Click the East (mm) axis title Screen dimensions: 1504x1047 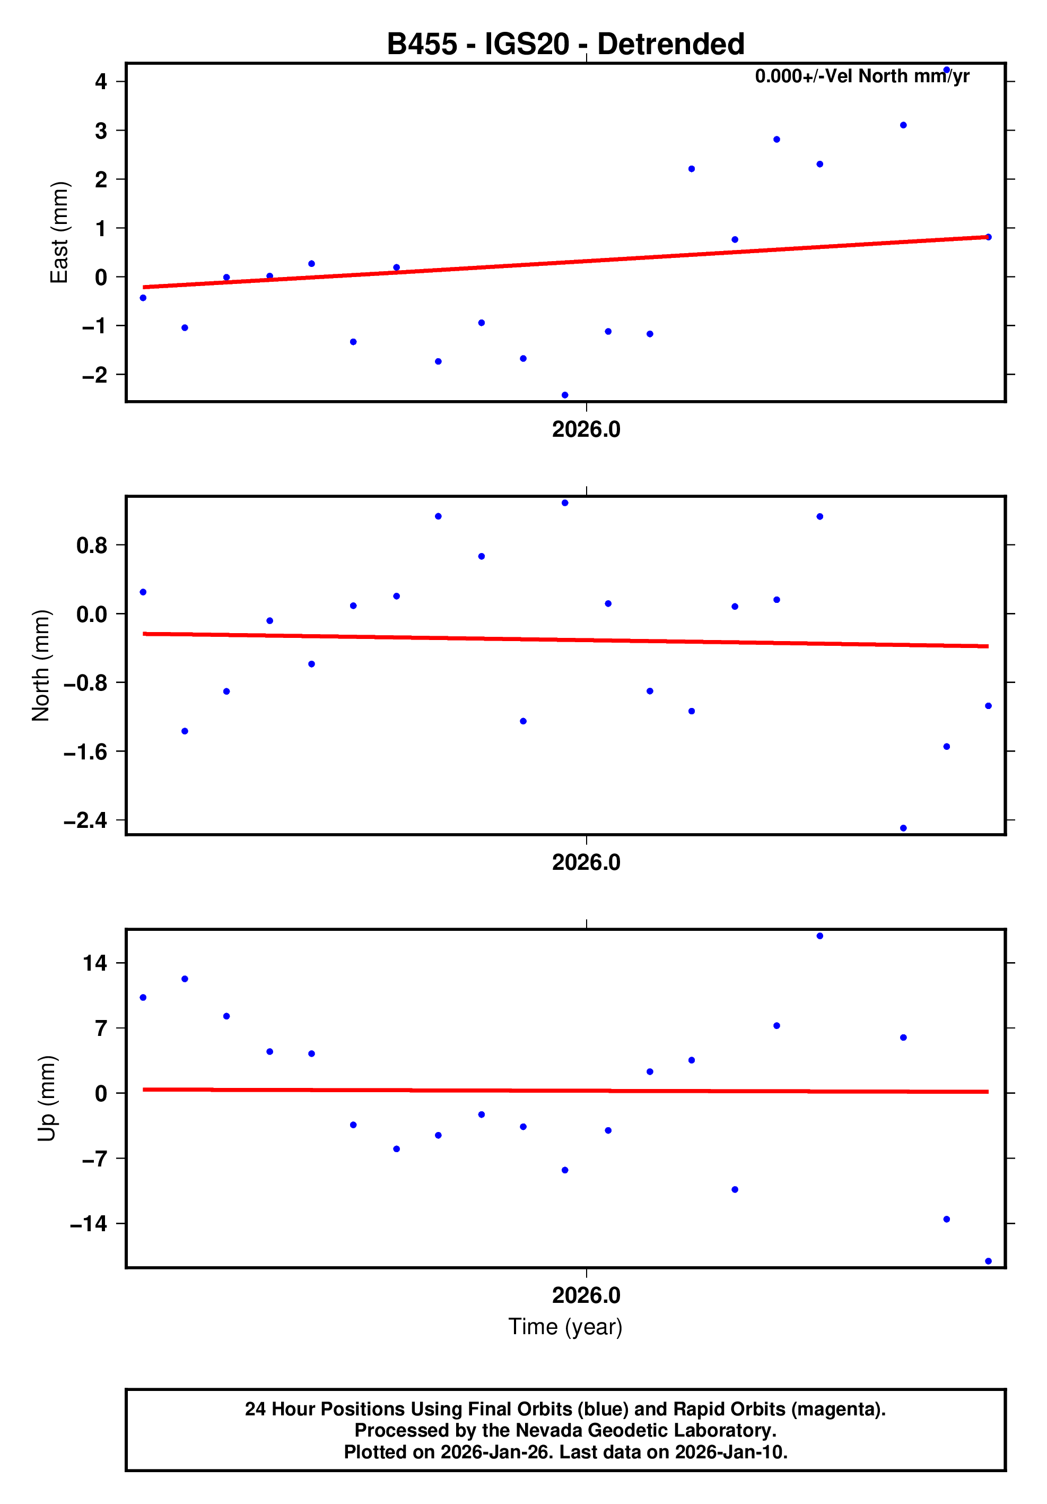click(x=59, y=232)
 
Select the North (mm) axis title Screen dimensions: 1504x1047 click(x=41, y=665)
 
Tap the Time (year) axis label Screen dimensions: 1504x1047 click(x=565, y=1326)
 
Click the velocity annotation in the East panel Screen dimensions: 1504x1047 click(x=862, y=76)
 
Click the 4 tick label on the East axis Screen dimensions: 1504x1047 click(x=101, y=81)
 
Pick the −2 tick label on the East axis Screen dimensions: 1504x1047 click(x=94, y=375)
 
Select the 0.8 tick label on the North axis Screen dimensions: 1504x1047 click(x=92, y=545)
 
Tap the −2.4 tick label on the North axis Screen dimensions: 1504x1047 click(x=85, y=820)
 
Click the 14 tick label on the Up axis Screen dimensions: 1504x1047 click(x=95, y=963)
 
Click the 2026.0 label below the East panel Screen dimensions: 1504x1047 click(x=586, y=430)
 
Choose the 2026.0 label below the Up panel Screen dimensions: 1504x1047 click(x=586, y=1295)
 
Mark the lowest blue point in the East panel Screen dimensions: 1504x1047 click(x=565, y=395)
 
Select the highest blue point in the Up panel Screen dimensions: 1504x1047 click(x=820, y=936)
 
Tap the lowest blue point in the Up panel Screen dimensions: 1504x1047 click(x=988, y=1261)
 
